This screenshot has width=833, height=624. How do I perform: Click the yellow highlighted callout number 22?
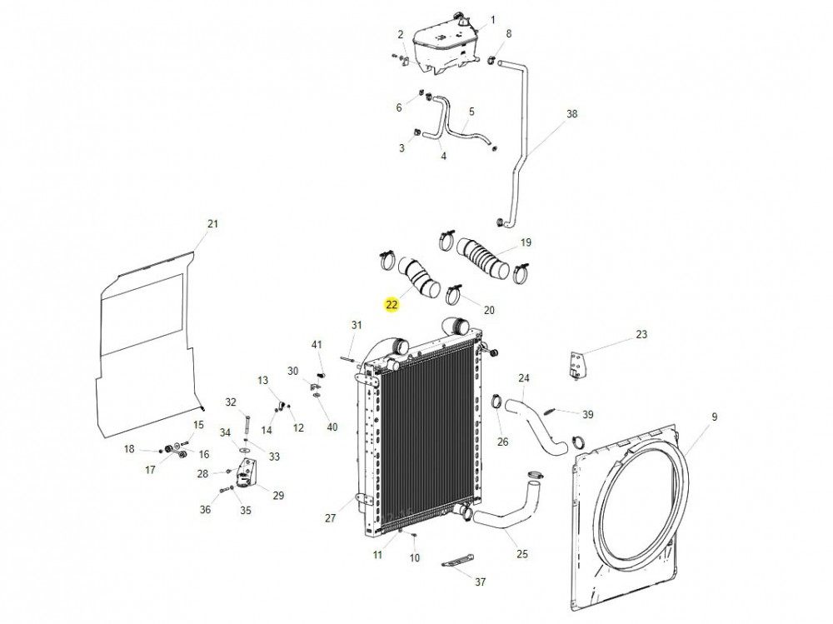point(391,305)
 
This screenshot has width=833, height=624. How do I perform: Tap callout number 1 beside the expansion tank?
point(492,20)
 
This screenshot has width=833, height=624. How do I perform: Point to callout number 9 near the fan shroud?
point(714,417)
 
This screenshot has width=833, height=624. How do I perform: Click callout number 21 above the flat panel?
point(212,224)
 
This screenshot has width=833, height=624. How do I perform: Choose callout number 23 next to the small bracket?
point(641,335)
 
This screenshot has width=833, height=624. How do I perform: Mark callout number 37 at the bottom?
point(480,581)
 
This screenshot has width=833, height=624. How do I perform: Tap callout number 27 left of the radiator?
point(330,517)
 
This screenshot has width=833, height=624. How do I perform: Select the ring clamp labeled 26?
point(497,404)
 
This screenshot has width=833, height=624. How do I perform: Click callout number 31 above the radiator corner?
point(357,325)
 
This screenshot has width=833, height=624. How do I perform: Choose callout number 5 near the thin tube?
point(471,111)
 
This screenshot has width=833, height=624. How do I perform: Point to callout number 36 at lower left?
point(205,510)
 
